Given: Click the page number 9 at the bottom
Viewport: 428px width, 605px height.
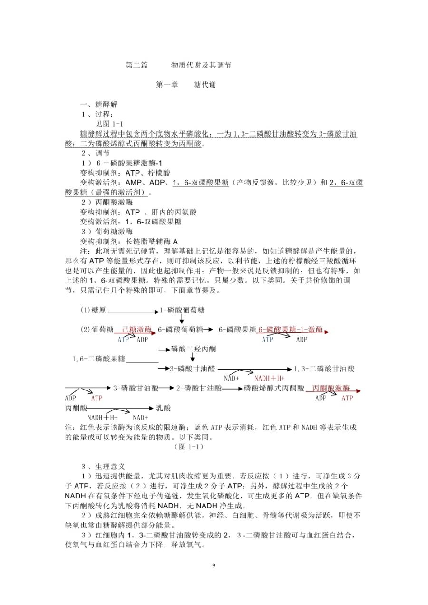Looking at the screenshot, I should [x=214, y=565].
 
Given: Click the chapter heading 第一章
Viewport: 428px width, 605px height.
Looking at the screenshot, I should [x=167, y=85].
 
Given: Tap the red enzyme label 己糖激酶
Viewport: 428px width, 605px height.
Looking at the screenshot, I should [x=137, y=329].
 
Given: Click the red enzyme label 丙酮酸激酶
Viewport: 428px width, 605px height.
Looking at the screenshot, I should [x=331, y=388].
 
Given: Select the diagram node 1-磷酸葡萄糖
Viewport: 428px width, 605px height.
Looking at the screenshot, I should [x=182, y=310].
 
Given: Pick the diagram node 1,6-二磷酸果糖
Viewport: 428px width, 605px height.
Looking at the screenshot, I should [x=99, y=359].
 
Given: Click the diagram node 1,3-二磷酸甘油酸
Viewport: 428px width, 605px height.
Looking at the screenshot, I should [x=324, y=369].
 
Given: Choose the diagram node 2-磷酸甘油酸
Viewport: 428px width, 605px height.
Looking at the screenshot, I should [x=199, y=388].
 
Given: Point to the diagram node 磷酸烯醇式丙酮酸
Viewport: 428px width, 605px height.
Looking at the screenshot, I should [x=274, y=388].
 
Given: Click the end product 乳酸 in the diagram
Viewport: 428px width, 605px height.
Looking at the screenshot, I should [x=163, y=408].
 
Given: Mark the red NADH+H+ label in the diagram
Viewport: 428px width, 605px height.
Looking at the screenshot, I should [x=269, y=379].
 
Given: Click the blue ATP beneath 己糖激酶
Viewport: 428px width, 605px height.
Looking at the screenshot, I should [x=123, y=340].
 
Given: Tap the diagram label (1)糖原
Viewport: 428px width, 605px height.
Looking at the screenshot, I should [x=93, y=310].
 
